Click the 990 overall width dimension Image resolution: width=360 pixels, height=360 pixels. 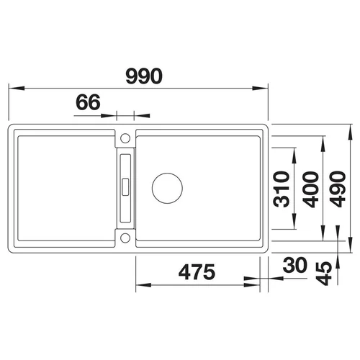(144, 76)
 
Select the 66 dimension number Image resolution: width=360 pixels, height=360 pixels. (88, 102)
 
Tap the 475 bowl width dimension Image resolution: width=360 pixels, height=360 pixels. (197, 272)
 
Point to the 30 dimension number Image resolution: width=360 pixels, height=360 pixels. (295, 265)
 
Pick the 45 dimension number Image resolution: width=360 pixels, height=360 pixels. (324, 273)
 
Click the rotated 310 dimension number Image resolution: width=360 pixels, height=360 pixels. (282, 189)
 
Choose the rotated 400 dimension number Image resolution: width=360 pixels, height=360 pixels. (310, 189)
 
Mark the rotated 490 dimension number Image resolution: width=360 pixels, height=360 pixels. (338, 189)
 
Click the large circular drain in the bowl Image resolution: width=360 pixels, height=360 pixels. (167, 188)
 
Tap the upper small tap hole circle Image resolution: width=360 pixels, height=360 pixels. (125, 138)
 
